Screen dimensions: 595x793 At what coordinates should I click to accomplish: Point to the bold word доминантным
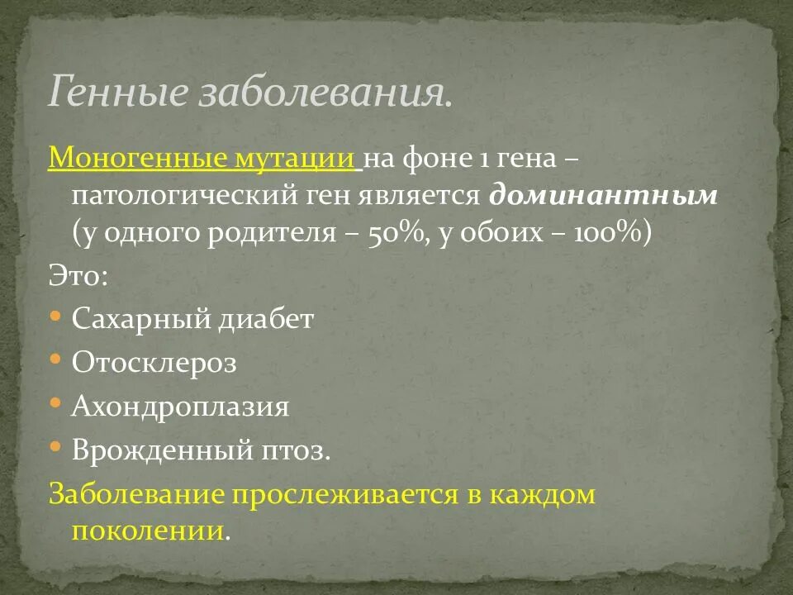[x=604, y=195]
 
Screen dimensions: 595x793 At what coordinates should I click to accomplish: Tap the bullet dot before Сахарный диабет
[x=55, y=316]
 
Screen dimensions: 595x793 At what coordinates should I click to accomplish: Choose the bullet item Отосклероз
[x=154, y=363]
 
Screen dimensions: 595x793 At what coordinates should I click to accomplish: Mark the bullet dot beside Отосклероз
[x=55, y=359]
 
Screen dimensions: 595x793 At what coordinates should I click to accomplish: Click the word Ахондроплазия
[x=181, y=407]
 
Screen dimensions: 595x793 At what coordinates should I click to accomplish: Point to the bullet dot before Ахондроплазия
[x=55, y=403]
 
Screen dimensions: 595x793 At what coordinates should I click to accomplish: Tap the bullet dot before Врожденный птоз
[x=55, y=447]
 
